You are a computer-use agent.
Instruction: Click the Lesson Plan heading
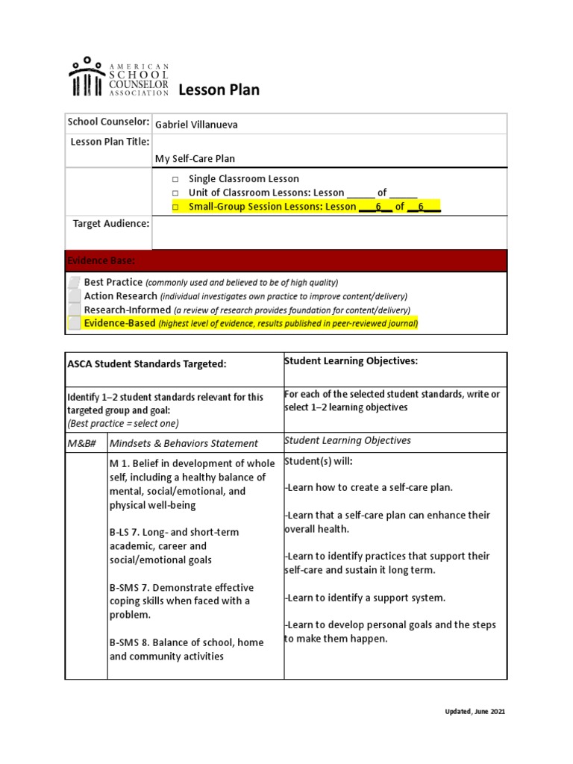click(x=219, y=90)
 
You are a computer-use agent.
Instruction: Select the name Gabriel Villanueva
click(x=196, y=125)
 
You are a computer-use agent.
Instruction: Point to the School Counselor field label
click(x=108, y=122)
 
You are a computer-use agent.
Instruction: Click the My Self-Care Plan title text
click(x=195, y=158)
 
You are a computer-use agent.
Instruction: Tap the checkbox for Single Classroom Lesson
click(x=175, y=179)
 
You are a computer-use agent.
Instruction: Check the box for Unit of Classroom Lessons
click(x=175, y=192)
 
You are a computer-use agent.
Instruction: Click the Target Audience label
click(x=110, y=224)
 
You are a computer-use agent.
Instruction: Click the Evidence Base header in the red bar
click(x=101, y=260)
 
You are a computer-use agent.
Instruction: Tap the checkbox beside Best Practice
click(x=74, y=283)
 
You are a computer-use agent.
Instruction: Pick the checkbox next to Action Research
click(x=74, y=296)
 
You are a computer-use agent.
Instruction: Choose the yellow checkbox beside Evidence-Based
click(x=74, y=323)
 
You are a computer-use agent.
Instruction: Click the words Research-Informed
click(x=127, y=310)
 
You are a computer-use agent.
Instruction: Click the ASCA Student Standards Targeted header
click(x=147, y=363)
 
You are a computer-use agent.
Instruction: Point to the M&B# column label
click(x=86, y=443)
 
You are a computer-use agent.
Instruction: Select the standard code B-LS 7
click(x=129, y=533)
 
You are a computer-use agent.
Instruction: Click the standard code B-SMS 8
click(x=134, y=642)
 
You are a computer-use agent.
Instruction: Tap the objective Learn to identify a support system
click(x=365, y=598)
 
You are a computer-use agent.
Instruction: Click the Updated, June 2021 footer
click(x=471, y=712)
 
